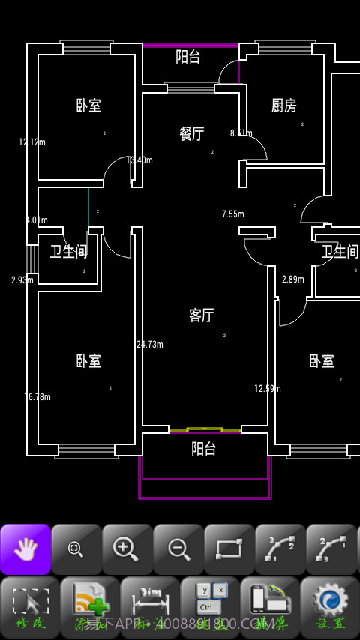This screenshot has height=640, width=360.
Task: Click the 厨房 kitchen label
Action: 283,106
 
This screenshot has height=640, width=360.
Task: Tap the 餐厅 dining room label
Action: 192,134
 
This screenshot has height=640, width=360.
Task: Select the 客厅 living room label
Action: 201,316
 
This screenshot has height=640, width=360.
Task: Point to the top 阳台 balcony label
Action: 188,56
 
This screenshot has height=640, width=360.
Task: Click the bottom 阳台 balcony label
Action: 203,449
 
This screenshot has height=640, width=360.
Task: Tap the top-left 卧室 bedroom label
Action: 88,106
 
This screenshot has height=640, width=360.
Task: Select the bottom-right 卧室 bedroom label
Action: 322,361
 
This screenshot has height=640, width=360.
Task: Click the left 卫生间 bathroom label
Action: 69,252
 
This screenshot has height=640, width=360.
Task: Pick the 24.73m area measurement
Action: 150,345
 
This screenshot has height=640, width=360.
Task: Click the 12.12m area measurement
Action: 32,142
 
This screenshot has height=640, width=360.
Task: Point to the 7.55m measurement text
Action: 233,214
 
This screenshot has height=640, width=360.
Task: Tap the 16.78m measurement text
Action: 37,397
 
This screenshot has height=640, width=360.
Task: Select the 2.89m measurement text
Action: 293,280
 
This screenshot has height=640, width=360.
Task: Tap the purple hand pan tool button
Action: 25,549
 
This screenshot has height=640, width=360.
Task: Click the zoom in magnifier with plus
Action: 127,549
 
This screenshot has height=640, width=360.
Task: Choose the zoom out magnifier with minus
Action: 178,549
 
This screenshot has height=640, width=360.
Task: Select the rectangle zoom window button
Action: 229,549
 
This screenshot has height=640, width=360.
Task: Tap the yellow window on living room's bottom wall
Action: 205,430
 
